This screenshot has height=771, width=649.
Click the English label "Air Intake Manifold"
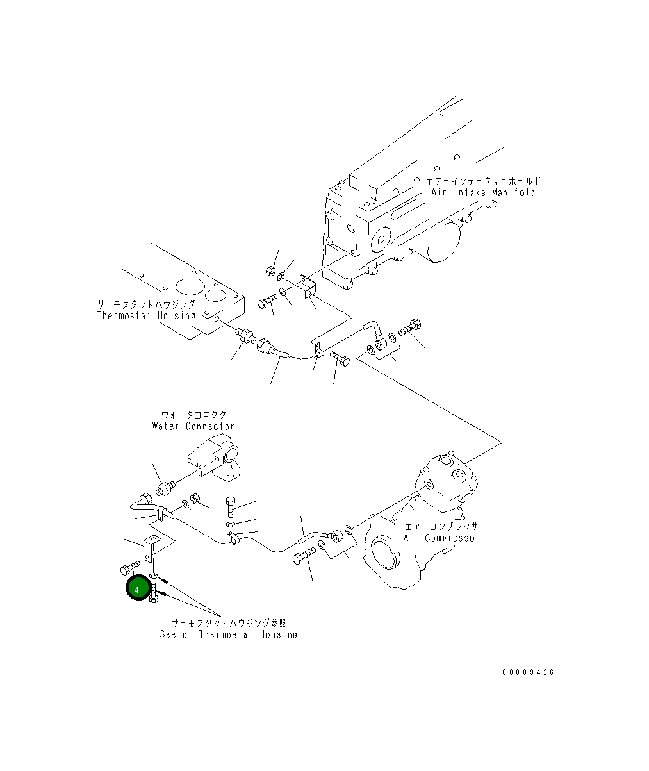tap(483, 192)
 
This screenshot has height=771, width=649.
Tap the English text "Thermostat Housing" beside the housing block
tap(146, 315)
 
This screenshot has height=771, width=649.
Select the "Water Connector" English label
tap(193, 426)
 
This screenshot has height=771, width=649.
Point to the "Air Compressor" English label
tap(441, 538)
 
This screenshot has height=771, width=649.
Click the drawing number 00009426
tap(528, 672)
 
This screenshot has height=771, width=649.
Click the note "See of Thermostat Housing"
tap(229, 634)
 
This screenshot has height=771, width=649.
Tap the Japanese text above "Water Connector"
tap(193, 415)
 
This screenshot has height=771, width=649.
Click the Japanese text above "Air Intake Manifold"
tap(483, 181)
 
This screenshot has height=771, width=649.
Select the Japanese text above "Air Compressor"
tap(441, 527)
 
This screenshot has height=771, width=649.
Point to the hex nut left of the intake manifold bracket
tap(270, 270)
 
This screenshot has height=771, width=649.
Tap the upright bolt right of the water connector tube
tap(231, 507)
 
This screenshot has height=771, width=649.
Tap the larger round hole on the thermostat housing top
tap(190, 286)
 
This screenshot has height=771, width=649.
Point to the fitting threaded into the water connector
tap(165, 488)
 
